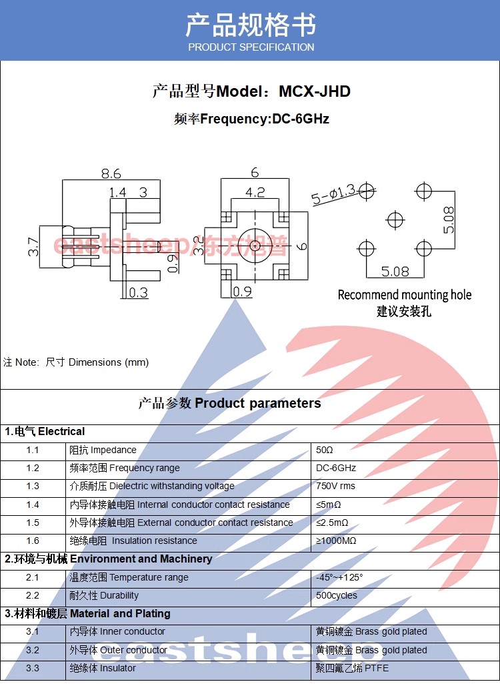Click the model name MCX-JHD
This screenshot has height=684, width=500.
tap(314, 91)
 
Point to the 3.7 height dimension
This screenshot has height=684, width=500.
tap(33, 247)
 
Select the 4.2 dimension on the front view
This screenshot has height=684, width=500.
tap(255, 192)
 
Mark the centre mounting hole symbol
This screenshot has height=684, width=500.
tap(395, 220)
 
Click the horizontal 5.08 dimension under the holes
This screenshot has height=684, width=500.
tap(395, 271)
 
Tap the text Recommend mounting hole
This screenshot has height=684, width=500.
tap(404, 295)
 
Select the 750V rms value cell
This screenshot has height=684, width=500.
tap(335, 486)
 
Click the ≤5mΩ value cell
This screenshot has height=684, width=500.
tap(329, 504)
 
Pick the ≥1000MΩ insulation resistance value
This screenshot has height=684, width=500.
tap(335, 541)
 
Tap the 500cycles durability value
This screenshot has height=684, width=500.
tap(336, 595)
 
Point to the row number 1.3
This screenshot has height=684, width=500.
tap(33, 486)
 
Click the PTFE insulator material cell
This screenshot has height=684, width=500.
tap(352, 668)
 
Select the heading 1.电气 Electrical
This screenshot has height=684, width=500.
tap(45, 432)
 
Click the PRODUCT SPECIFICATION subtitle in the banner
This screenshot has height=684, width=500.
tap(251, 47)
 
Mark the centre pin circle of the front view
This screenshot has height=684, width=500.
tap(255, 246)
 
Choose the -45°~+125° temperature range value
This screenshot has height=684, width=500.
tap(339, 577)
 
